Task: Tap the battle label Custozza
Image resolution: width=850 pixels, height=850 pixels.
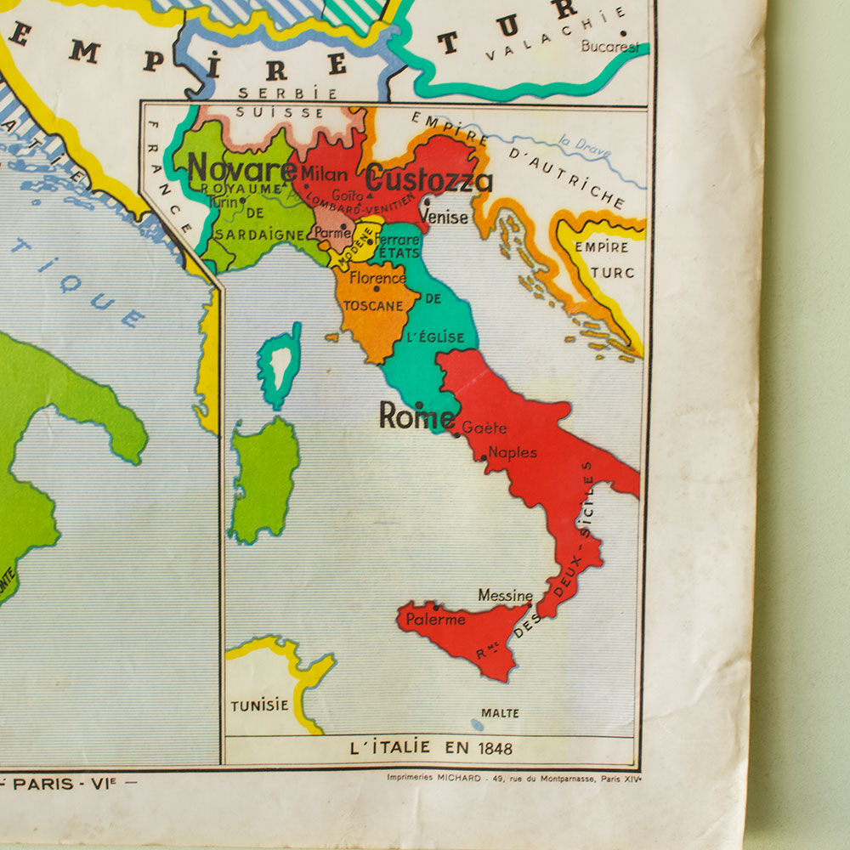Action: pyautogui.click(x=428, y=180)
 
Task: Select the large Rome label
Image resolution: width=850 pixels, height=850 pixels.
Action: pyautogui.click(x=416, y=416)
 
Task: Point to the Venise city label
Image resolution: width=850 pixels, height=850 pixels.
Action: pyautogui.click(x=445, y=218)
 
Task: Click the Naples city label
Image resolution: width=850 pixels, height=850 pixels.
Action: pyautogui.click(x=513, y=452)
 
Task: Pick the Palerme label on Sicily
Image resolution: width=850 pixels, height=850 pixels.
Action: pyautogui.click(x=435, y=620)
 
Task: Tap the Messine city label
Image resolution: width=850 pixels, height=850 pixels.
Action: pyautogui.click(x=505, y=596)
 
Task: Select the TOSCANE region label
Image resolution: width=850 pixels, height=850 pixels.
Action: pyautogui.click(x=373, y=305)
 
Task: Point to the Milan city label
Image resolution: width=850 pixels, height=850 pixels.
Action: pyautogui.click(x=324, y=174)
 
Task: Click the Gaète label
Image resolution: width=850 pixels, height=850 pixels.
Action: pyautogui.click(x=484, y=428)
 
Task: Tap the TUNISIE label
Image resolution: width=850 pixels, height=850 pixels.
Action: pyautogui.click(x=259, y=705)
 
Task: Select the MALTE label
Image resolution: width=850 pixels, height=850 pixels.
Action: pyautogui.click(x=500, y=713)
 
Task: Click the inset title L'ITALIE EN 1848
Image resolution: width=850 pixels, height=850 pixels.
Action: pyautogui.click(x=432, y=749)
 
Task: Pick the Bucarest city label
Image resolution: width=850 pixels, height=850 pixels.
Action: pyautogui.click(x=609, y=47)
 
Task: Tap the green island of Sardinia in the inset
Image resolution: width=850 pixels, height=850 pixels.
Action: pyautogui.click(x=264, y=478)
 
